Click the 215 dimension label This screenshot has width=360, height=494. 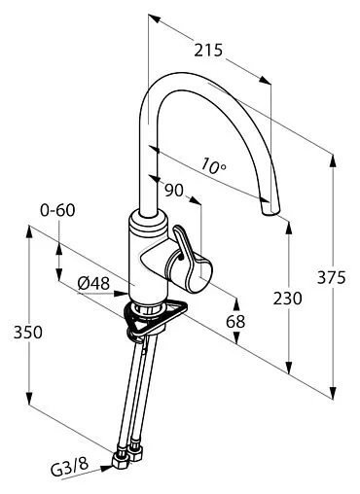[208, 51]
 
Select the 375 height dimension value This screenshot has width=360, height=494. [332, 277]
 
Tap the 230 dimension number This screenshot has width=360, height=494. [287, 299]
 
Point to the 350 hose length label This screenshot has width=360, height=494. [28, 333]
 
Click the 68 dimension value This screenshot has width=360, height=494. [235, 322]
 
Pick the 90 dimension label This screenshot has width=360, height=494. [174, 191]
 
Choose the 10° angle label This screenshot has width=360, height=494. [212, 165]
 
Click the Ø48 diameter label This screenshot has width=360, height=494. [93, 284]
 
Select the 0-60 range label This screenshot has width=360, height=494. [57, 210]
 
